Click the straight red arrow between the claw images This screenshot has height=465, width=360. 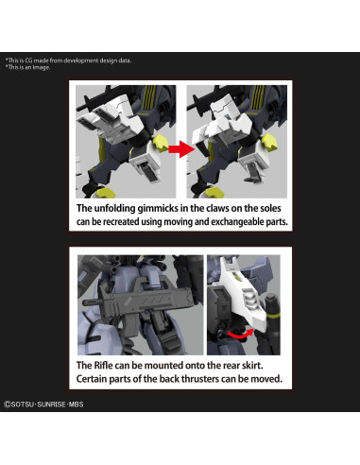[x=181, y=149]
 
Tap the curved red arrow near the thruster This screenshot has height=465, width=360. [x=241, y=335]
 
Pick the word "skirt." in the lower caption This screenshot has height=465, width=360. [x=252, y=366]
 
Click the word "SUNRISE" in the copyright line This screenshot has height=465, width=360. [x=51, y=405]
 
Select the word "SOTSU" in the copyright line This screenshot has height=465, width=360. [x=22, y=405]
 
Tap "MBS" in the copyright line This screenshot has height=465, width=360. [x=77, y=405]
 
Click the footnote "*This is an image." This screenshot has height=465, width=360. [x=27, y=67]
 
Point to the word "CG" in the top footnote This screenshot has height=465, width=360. [x=28, y=60]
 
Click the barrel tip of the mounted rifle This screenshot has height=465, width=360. [x=84, y=302]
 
